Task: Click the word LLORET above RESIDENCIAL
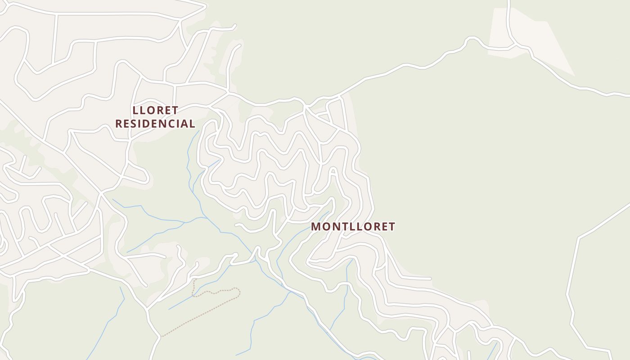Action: click(x=155, y=110)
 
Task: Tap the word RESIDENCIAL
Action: click(x=155, y=124)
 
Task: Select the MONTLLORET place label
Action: click(x=353, y=227)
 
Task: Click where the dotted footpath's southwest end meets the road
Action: click(x=162, y=336)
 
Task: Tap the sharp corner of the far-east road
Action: click(x=579, y=238)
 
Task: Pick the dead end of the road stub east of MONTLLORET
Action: click(x=430, y=279)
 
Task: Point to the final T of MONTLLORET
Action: click(x=391, y=227)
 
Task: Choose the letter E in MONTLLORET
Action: click(x=382, y=227)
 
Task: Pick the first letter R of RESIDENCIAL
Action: click(x=119, y=124)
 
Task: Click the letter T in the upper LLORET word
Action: click(x=175, y=110)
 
